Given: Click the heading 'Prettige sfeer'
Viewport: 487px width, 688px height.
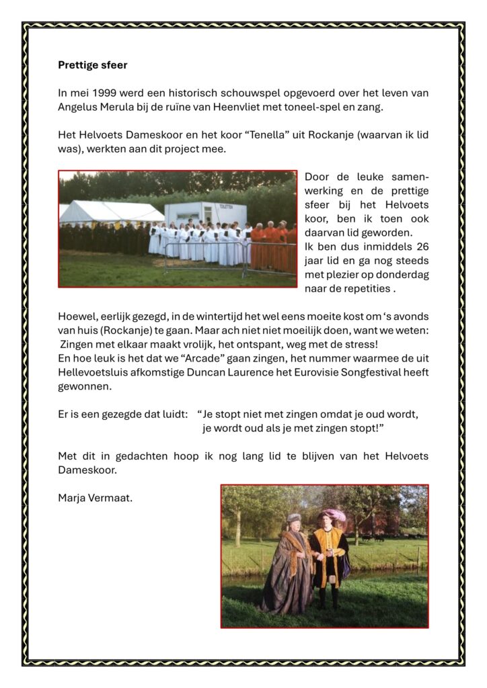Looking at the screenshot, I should (x=92, y=66).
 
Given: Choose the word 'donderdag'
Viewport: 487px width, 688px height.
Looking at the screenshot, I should (x=404, y=274).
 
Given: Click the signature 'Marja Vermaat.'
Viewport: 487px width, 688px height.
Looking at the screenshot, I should (x=95, y=498).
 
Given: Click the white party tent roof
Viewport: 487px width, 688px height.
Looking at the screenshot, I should (x=111, y=212).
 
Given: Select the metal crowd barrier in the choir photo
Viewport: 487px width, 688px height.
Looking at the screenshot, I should (x=202, y=259).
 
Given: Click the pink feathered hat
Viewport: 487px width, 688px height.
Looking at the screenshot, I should (x=334, y=516).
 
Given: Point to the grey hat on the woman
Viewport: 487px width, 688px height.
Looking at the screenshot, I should (x=294, y=518).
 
